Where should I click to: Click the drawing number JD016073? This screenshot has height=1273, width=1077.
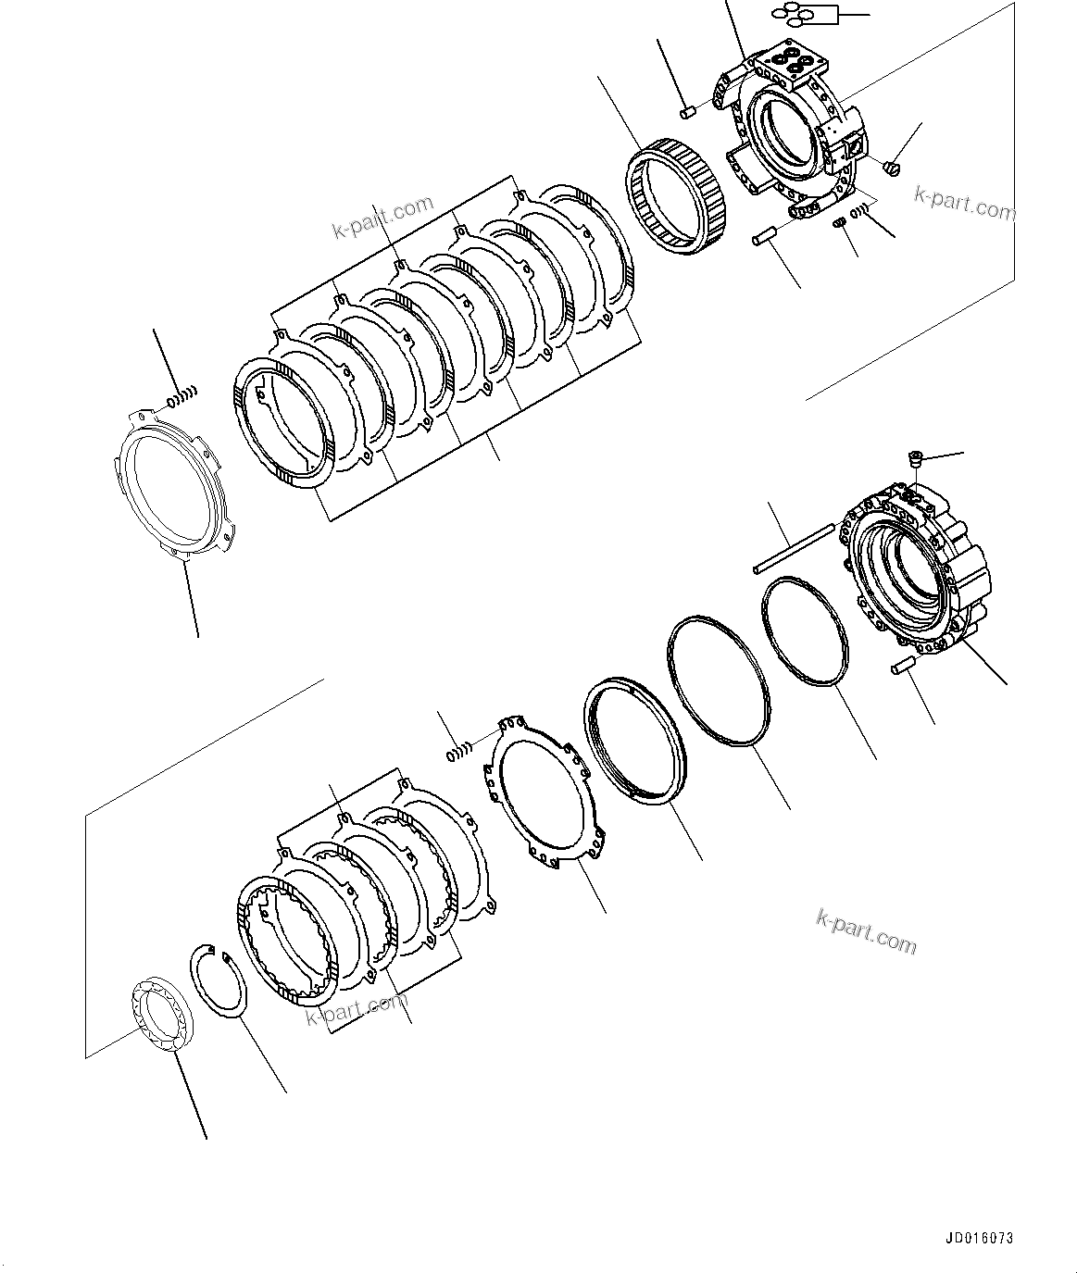pos(979,1237)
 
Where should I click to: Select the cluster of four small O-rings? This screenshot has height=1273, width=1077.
pos(794,14)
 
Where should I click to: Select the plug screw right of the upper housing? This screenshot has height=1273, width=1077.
pos(893,168)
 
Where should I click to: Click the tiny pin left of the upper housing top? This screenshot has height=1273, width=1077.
pos(687,113)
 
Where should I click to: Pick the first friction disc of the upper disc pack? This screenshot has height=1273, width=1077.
pos(283,424)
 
